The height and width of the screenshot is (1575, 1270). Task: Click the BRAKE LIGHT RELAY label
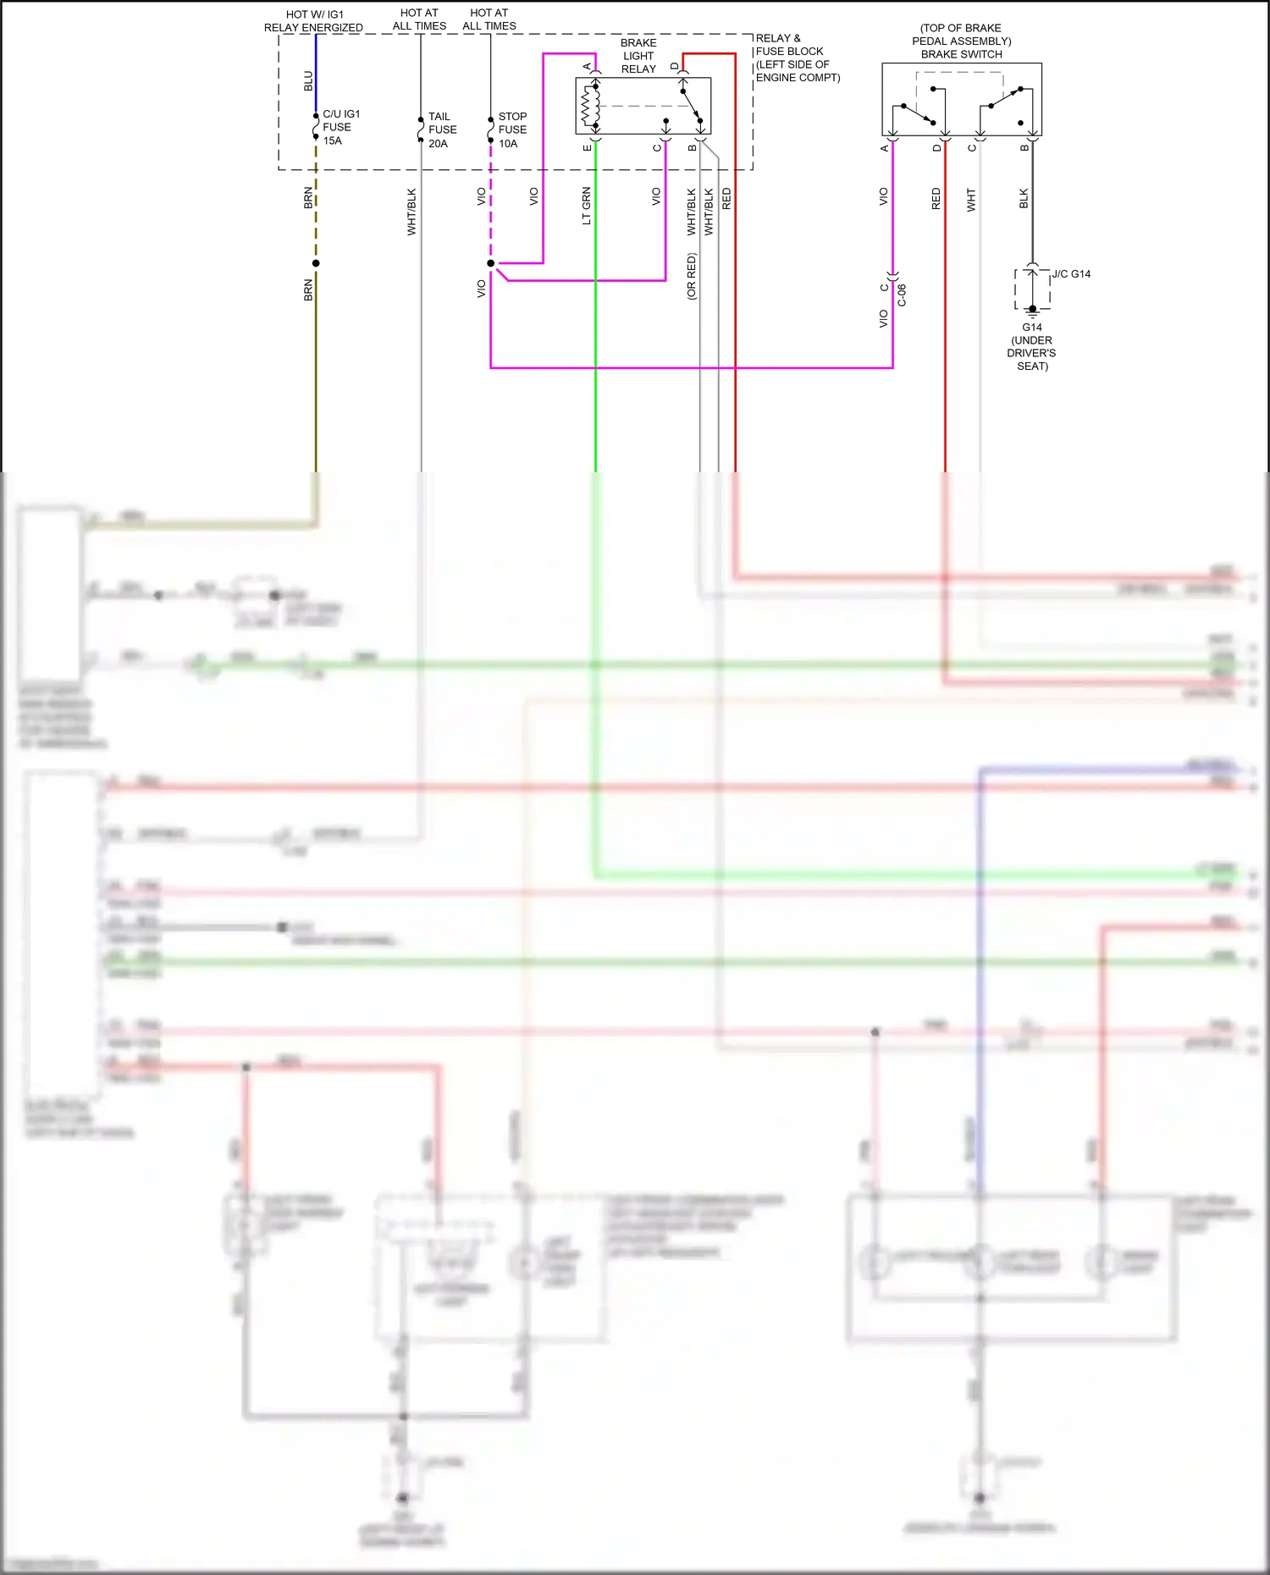(638, 56)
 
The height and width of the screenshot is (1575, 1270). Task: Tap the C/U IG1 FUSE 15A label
(340, 127)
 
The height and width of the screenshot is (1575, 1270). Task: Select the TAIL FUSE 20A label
(442, 129)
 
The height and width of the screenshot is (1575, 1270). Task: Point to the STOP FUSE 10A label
(512, 129)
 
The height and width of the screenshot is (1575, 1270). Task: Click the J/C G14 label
(1071, 274)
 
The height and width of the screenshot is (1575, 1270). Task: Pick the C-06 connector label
(902, 295)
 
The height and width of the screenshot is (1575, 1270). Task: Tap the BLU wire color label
(308, 80)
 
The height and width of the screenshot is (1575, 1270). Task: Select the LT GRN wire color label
(587, 206)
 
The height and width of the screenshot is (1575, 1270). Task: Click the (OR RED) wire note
(692, 276)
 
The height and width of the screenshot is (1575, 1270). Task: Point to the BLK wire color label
(1024, 199)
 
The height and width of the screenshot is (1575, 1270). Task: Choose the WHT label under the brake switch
(971, 200)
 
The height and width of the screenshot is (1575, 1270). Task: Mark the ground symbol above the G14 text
(1032, 310)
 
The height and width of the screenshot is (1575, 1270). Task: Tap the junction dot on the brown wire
(316, 263)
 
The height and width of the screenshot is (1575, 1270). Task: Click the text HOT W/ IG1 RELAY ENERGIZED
(313, 21)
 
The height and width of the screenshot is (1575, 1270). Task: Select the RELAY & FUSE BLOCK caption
(797, 58)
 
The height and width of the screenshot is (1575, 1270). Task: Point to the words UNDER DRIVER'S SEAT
(1032, 353)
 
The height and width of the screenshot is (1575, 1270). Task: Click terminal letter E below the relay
(588, 148)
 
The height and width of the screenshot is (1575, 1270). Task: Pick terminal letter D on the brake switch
(936, 148)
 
